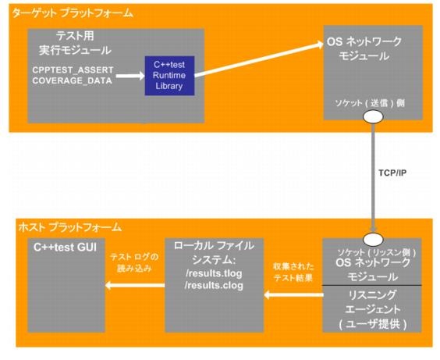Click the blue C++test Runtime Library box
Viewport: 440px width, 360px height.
click(x=169, y=76)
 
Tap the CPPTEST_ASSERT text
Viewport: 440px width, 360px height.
click(x=73, y=70)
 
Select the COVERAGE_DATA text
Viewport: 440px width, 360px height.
click(x=72, y=80)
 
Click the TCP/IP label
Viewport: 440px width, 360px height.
click(x=392, y=173)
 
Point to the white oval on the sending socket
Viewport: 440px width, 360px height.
click(x=373, y=116)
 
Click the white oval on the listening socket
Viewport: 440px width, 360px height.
click(x=373, y=239)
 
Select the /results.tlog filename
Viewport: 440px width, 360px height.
click(x=214, y=273)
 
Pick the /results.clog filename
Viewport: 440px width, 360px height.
click(x=214, y=285)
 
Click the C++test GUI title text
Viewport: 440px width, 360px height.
click(x=65, y=248)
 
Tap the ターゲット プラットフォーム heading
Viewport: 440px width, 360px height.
click(x=73, y=13)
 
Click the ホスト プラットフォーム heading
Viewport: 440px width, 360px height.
click(x=70, y=227)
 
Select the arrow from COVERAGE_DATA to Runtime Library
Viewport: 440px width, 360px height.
click(x=130, y=76)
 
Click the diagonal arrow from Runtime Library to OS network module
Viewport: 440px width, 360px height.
click(x=259, y=59)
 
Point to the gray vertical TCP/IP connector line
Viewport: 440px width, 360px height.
click(x=373, y=177)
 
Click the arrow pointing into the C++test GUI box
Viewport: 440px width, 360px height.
click(x=135, y=285)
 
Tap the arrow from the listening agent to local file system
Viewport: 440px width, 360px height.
click(x=293, y=295)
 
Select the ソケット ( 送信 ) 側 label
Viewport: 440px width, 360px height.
click(x=370, y=103)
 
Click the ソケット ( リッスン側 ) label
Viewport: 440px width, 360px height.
click(x=377, y=252)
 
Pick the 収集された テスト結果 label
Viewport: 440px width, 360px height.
click(x=293, y=272)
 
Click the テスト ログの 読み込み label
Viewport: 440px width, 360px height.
click(x=134, y=262)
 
